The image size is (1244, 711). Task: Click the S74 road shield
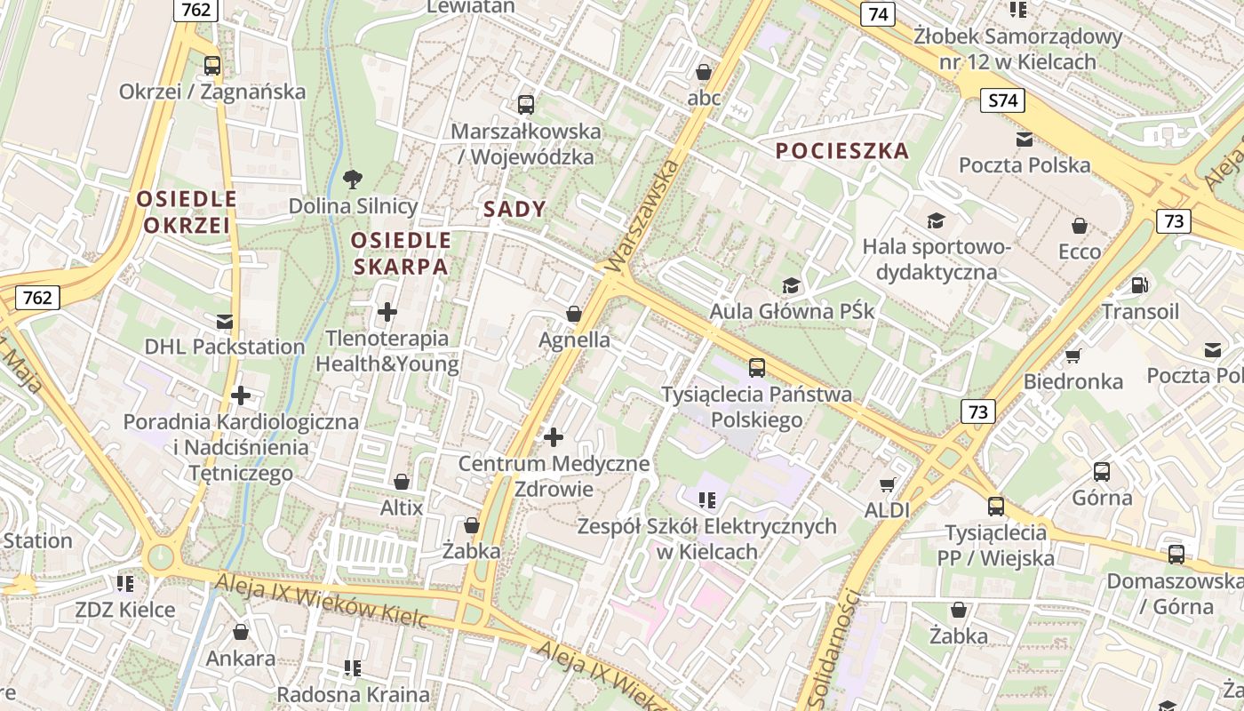(1002, 100)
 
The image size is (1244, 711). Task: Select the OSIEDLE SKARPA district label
(401, 253)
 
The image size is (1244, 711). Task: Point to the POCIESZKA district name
(842, 150)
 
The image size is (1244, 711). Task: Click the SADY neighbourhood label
(514, 209)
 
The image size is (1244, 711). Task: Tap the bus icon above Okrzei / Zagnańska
(211, 65)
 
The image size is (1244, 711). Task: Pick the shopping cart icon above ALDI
(887, 484)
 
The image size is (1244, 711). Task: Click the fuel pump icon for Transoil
(1138, 285)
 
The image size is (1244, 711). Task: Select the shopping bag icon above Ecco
(1079, 226)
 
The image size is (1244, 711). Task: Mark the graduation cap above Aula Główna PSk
(791, 285)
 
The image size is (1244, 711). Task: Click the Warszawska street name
(642, 216)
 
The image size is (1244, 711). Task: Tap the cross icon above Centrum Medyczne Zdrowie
(554, 436)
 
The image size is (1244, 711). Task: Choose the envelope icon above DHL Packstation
(224, 321)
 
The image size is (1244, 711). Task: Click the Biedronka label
(1073, 381)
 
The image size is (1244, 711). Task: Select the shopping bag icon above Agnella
(574, 314)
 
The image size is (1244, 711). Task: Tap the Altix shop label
(402, 507)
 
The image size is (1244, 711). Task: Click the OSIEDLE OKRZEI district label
(187, 212)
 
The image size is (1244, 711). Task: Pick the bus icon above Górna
(1102, 472)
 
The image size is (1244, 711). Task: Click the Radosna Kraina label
(353, 694)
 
